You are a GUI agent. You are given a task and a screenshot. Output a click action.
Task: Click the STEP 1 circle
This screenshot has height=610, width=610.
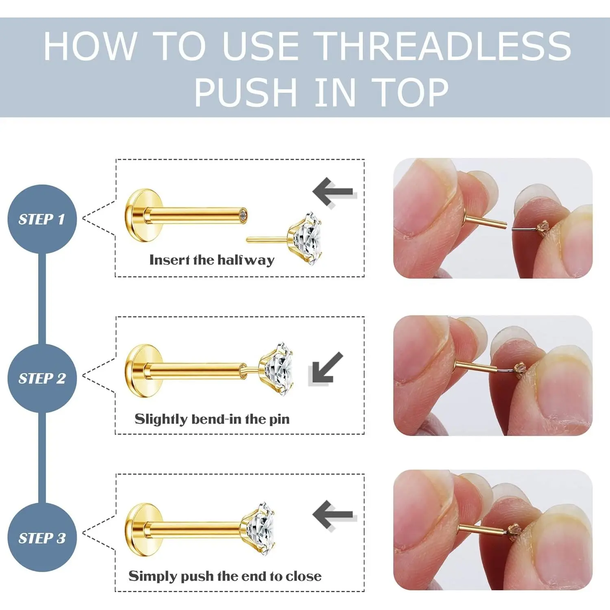coord(42,219)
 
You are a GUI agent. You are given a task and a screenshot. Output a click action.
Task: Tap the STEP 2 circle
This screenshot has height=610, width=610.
coord(42,378)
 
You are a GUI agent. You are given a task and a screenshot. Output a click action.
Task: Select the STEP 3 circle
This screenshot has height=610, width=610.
coord(42,538)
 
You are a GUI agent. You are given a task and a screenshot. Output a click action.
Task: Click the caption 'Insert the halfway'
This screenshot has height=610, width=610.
coord(212,260)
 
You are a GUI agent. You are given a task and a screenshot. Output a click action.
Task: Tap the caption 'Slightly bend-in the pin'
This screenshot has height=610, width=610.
coord(212,419)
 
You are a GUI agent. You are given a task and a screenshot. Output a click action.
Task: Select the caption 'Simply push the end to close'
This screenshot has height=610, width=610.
coord(225,576)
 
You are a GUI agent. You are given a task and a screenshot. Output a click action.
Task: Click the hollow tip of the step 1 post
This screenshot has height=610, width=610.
coord(243,216)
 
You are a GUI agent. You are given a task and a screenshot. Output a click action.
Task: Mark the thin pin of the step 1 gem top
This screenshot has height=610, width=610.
coord(268,240)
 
